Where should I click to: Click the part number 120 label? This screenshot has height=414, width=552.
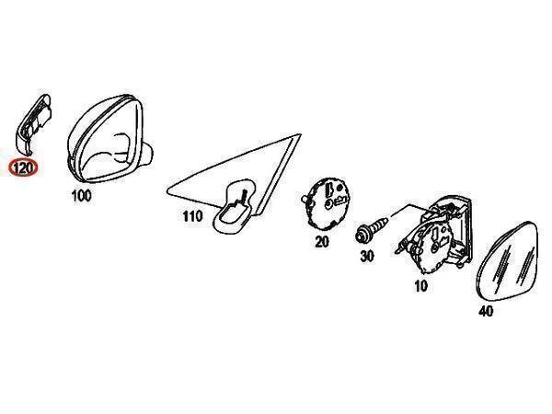click(23, 167)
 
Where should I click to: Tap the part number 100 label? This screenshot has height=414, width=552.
click(81, 196)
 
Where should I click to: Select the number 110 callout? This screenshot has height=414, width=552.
click(192, 216)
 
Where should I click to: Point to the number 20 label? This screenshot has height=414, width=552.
click(322, 242)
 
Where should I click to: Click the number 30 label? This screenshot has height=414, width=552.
click(367, 256)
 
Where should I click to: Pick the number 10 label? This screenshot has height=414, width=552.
click(421, 286)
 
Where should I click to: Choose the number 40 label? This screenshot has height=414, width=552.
click(486, 311)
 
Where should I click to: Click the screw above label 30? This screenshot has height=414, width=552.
click(371, 229)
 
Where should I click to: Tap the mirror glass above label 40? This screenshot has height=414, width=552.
click(507, 260)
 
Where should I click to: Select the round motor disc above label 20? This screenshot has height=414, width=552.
click(328, 203)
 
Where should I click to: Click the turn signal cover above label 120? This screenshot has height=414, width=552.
click(34, 124)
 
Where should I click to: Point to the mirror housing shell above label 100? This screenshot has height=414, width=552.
click(109, 138)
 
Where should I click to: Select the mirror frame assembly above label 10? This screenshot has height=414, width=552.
click(436, 234)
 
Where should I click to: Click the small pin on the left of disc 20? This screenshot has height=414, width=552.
click(305, 200)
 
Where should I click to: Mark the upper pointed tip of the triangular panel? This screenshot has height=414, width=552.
click(300, 134)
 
